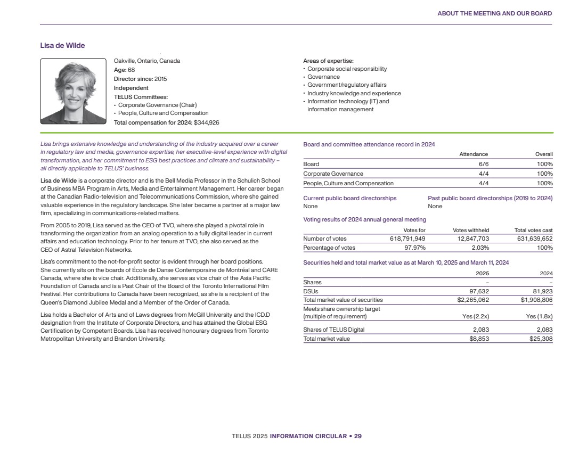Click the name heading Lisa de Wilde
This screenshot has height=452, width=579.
[62, 45]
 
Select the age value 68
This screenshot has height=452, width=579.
[131, 70]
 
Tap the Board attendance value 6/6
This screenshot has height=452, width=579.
[484, 164]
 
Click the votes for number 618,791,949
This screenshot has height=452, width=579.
[407, 239]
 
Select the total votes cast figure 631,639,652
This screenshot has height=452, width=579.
[533, 239]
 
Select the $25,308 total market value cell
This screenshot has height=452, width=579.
[540, 339]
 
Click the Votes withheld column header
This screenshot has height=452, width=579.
[471, 230]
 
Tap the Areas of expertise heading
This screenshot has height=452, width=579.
[328, 61]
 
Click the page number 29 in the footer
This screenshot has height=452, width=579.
[358, 436]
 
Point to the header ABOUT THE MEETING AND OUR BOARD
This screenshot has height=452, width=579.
[494, 13]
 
